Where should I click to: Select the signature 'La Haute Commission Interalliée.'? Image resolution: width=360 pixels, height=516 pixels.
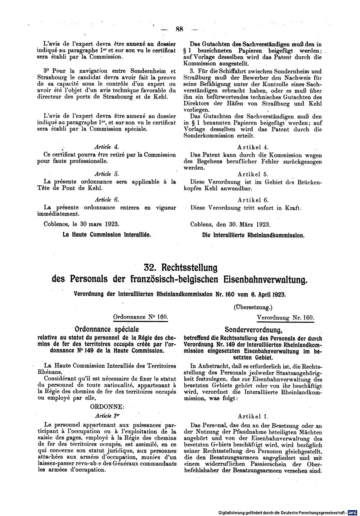106,234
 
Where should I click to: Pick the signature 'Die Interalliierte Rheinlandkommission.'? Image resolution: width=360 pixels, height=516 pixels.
253,236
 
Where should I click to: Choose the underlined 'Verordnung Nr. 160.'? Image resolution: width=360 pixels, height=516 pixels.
285,318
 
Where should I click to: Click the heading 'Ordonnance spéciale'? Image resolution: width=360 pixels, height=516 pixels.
106,329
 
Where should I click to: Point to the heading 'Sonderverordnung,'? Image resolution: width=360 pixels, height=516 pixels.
253,329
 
